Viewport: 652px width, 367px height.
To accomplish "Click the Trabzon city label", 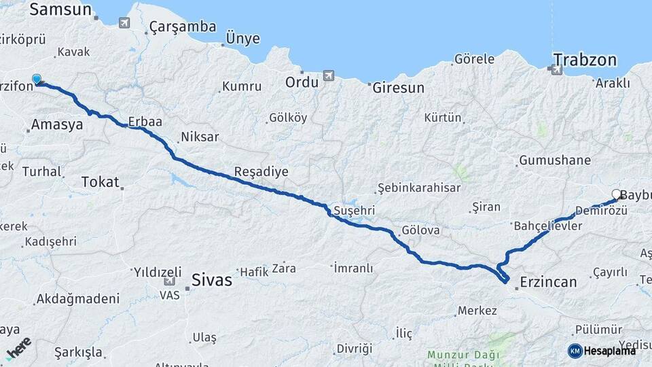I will coord(585,60).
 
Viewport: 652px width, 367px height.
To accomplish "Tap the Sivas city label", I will coord(211,279).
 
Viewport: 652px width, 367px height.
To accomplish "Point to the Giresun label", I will coord(397,88).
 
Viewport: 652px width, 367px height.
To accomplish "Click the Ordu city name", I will coord(302,82).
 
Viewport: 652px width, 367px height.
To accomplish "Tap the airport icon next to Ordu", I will coord(329,75).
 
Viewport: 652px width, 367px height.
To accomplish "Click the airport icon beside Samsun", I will coord(124,23).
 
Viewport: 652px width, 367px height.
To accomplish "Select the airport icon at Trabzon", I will coord(557,69).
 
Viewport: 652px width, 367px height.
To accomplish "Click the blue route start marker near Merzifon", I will coord(37,80).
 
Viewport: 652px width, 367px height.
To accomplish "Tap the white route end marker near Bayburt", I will coord(616,194).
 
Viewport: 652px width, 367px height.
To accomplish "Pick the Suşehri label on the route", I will coord(354,211).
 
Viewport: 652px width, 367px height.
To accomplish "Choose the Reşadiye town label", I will coord(261,172).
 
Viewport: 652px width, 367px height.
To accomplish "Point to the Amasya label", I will coord(57,125).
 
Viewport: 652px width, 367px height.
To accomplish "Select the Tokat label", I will coord(100,182).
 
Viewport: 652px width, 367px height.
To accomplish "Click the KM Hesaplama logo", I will coord(602,351).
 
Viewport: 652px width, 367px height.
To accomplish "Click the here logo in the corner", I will coord(18,348).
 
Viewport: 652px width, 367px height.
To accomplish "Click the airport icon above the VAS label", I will coord(169,281).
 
